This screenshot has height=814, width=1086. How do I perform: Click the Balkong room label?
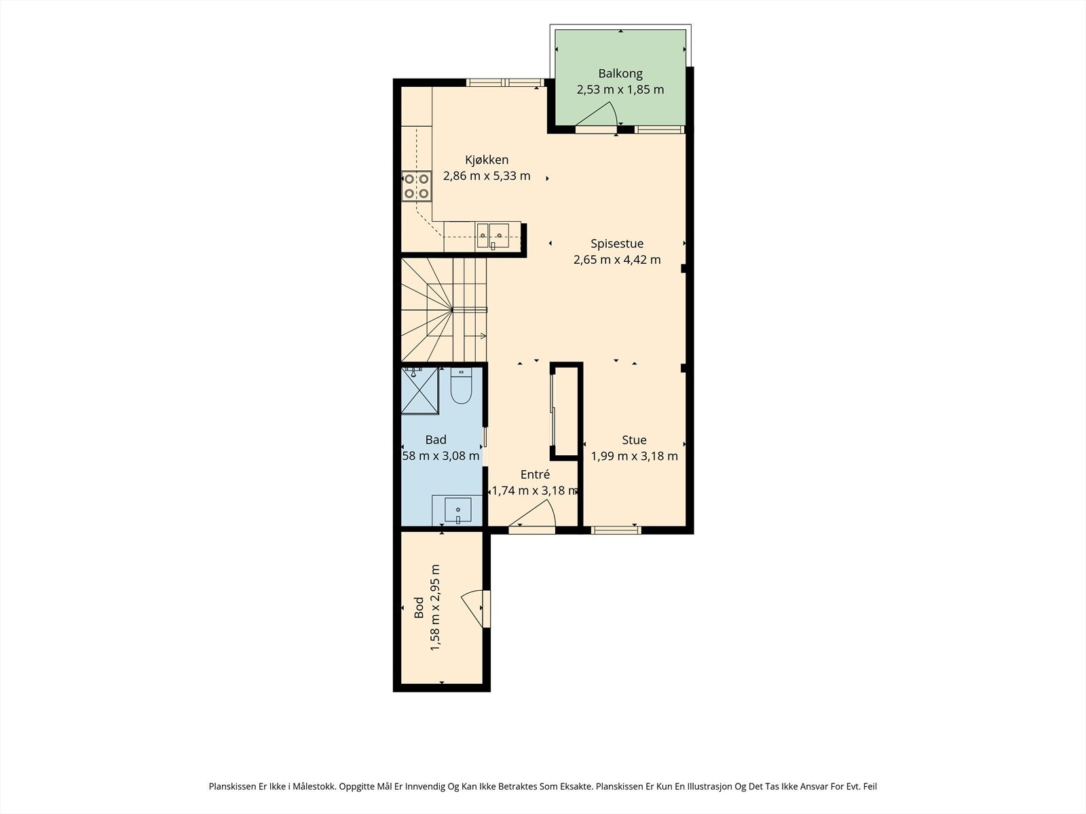pos(620,74)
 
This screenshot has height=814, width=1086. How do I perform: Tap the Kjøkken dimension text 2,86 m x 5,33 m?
pos(487,176)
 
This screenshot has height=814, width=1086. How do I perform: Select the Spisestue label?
pos(617,244)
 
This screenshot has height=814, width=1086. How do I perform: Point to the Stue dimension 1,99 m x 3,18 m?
pos(634,456)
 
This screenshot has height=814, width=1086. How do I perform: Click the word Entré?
pos(535,474)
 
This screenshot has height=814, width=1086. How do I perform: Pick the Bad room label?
pos(436,440)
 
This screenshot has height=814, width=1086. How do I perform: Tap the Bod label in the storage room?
pos(419,608)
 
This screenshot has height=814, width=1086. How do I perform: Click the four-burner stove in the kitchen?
pos(416,186)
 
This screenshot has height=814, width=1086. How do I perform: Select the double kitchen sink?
pos(493,235)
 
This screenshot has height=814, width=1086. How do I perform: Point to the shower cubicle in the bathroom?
pos(419,391)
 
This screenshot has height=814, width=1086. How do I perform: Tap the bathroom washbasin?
pos(457,510)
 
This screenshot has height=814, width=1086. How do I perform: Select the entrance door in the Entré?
pos(532,514)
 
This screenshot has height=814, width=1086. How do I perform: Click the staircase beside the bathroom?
pos(444,310)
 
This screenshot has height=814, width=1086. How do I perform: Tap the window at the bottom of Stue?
pos(616,530)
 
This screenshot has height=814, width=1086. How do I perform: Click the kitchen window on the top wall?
pos(505,83)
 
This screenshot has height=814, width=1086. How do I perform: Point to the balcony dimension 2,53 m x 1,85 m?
pos(620,90)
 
